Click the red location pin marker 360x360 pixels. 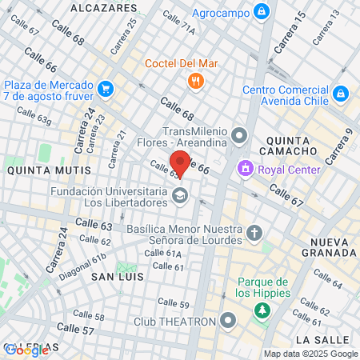181,162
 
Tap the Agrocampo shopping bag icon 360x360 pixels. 261,11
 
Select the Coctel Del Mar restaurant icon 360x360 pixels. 194,81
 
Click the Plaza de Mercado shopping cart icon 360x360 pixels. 106,87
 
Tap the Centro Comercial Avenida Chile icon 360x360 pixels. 341,94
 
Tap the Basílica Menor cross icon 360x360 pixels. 254,233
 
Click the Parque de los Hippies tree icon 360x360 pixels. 262,309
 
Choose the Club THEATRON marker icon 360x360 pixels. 229,322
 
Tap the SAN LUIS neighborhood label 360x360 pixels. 117,276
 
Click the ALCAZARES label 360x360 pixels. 104,7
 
